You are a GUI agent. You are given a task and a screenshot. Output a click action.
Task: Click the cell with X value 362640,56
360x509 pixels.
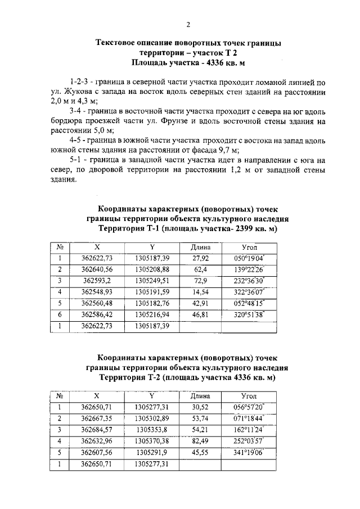(x=97, y=269)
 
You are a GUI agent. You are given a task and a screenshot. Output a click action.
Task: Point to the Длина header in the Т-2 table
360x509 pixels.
(x=200, y=396)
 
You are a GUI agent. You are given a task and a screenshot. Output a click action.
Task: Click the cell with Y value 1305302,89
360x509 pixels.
(x=152, y=418)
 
